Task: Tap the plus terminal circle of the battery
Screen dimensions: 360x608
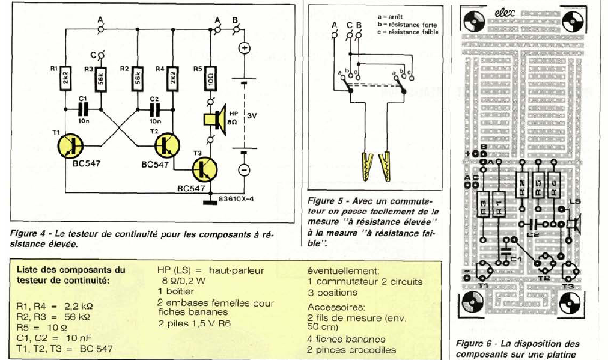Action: coord(245,49)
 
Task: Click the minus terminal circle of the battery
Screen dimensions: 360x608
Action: coord(245,169)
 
